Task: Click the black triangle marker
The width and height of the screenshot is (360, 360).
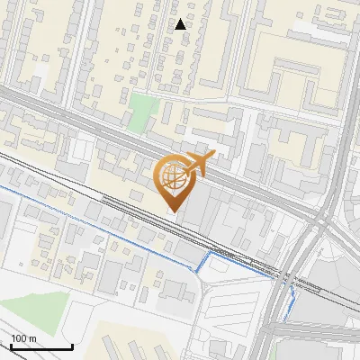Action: coord(181,24)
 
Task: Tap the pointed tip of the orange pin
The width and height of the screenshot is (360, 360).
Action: coord(174,211)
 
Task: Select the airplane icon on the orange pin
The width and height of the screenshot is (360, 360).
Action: coord(196,163)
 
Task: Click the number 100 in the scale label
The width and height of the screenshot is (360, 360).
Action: coord(18,338)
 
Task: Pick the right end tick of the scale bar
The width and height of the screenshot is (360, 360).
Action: coord(72,346)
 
